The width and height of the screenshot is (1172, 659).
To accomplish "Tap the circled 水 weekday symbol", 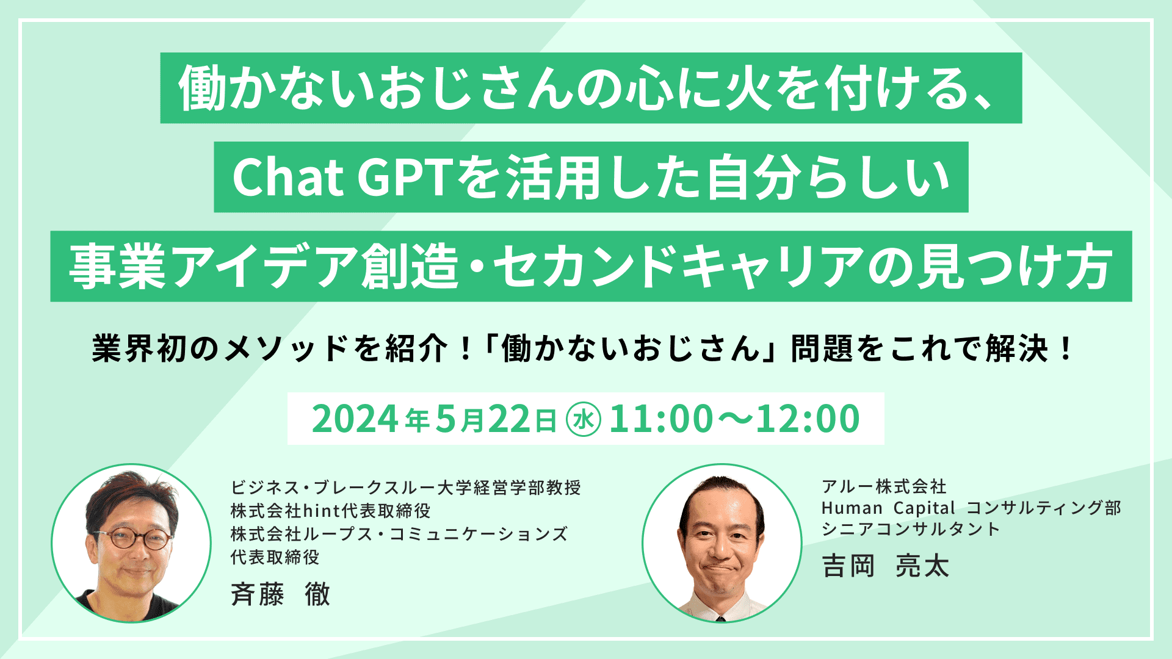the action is coord(584,420).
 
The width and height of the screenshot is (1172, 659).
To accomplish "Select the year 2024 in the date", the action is coord(355,419).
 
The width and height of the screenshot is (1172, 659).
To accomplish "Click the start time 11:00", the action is coord(661,419).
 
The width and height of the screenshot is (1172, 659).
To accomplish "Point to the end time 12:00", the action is coord(808,419).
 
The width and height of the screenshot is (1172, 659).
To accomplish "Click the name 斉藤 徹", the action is coord(281,593).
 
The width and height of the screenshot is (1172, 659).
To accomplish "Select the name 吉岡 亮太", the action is coord(885,566).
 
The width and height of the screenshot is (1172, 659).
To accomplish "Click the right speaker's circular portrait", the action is coord(722,543).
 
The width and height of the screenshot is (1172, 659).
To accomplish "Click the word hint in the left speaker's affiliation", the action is coord(321,510).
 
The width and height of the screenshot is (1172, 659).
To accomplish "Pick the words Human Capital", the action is coord(888,508).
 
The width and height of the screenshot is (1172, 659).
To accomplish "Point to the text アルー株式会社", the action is coord(884,486).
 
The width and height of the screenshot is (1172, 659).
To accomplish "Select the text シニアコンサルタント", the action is coord(910,529).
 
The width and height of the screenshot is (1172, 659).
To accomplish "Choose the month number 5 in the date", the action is coord(447,419).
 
